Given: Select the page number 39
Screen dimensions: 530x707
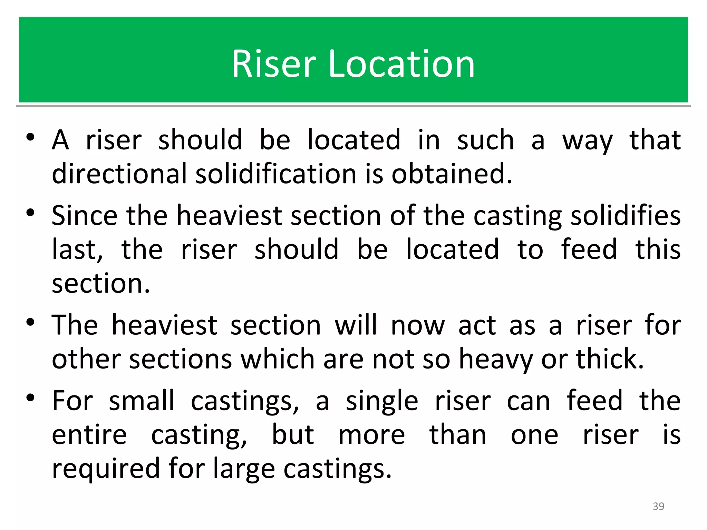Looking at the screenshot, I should pyautogui.click(x=658, y=506).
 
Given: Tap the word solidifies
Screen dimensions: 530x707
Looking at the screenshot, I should pyautogui.click(x=626, y=216).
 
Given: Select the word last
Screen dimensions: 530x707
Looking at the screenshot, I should pyautogui.click(x=77, y=249).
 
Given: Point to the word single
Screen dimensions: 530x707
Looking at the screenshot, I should pyautogui.click(x=382, y=401).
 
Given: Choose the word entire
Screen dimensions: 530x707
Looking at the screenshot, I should pyautogui.click(x=89, y=435).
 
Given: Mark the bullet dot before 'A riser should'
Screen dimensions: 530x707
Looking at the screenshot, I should pyautogui.click(x=30, y=137).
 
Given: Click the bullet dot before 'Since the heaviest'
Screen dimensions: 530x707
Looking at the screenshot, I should pyautogui.click(x=30, y=213).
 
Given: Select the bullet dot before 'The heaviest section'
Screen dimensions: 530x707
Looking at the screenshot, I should pyautogui.click(x=30, y=323).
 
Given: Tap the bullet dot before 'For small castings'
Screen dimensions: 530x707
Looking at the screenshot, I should pyautogui.click(x=30, y=398).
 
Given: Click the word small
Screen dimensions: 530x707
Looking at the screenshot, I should pyautogui.click(x=142, y=401).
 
